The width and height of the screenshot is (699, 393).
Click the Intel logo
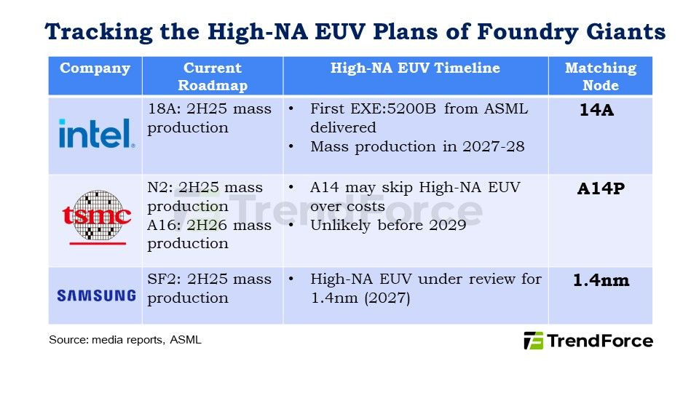click(97, 133)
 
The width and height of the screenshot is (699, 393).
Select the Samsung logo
click(97, 295)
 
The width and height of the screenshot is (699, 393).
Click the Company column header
click(95, 68)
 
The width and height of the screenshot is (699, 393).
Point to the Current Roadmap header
click(213, 76)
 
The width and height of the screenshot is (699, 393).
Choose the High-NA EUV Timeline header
click(415, 68)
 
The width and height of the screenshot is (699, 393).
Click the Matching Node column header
click(601, 76)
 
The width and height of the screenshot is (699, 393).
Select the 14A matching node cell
click(596, 110)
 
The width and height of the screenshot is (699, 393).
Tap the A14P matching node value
click(601, 188)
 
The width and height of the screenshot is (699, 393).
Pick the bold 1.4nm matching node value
click(601, 279)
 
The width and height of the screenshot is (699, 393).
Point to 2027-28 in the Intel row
click(494, 146)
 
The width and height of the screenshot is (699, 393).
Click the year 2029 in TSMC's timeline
click(448, 225)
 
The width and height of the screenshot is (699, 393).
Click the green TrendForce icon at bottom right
click(533, 341)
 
